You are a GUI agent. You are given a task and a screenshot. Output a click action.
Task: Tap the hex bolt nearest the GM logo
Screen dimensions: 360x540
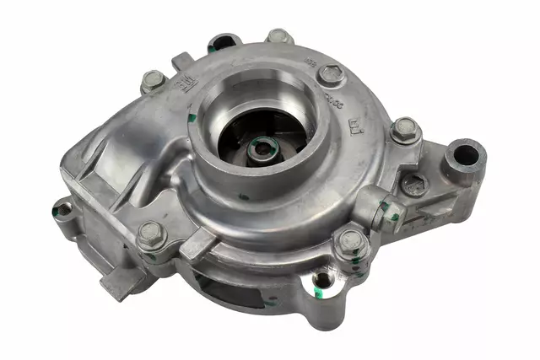click(152, 81)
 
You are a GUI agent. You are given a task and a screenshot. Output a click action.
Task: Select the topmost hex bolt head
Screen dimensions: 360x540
click(279, 37)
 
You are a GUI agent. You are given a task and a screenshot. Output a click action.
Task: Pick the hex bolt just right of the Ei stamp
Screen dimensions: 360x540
click(405, 129)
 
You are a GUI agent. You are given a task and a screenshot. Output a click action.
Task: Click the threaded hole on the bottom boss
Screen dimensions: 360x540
click(321, 280)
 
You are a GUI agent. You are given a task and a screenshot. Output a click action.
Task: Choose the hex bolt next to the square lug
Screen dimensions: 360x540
click(149, 235)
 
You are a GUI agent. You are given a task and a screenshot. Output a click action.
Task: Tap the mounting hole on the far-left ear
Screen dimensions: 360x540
click(62, 208)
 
